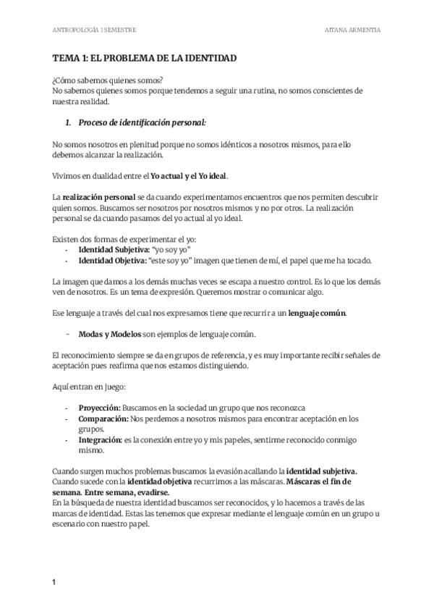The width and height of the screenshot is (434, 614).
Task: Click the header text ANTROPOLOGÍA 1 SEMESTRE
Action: point(95,30)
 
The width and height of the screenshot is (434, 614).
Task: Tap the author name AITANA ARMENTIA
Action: point(354,30)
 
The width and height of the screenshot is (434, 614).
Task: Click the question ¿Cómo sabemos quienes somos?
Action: point(108,80)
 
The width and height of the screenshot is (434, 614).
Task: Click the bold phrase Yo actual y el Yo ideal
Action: point(190,176)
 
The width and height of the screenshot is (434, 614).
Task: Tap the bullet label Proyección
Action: point(99,408)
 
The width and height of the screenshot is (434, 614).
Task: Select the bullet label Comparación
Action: point(103,419)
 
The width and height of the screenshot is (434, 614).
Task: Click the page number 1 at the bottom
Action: point(54,583)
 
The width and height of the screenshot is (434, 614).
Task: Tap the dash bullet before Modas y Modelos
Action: point(67,335)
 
